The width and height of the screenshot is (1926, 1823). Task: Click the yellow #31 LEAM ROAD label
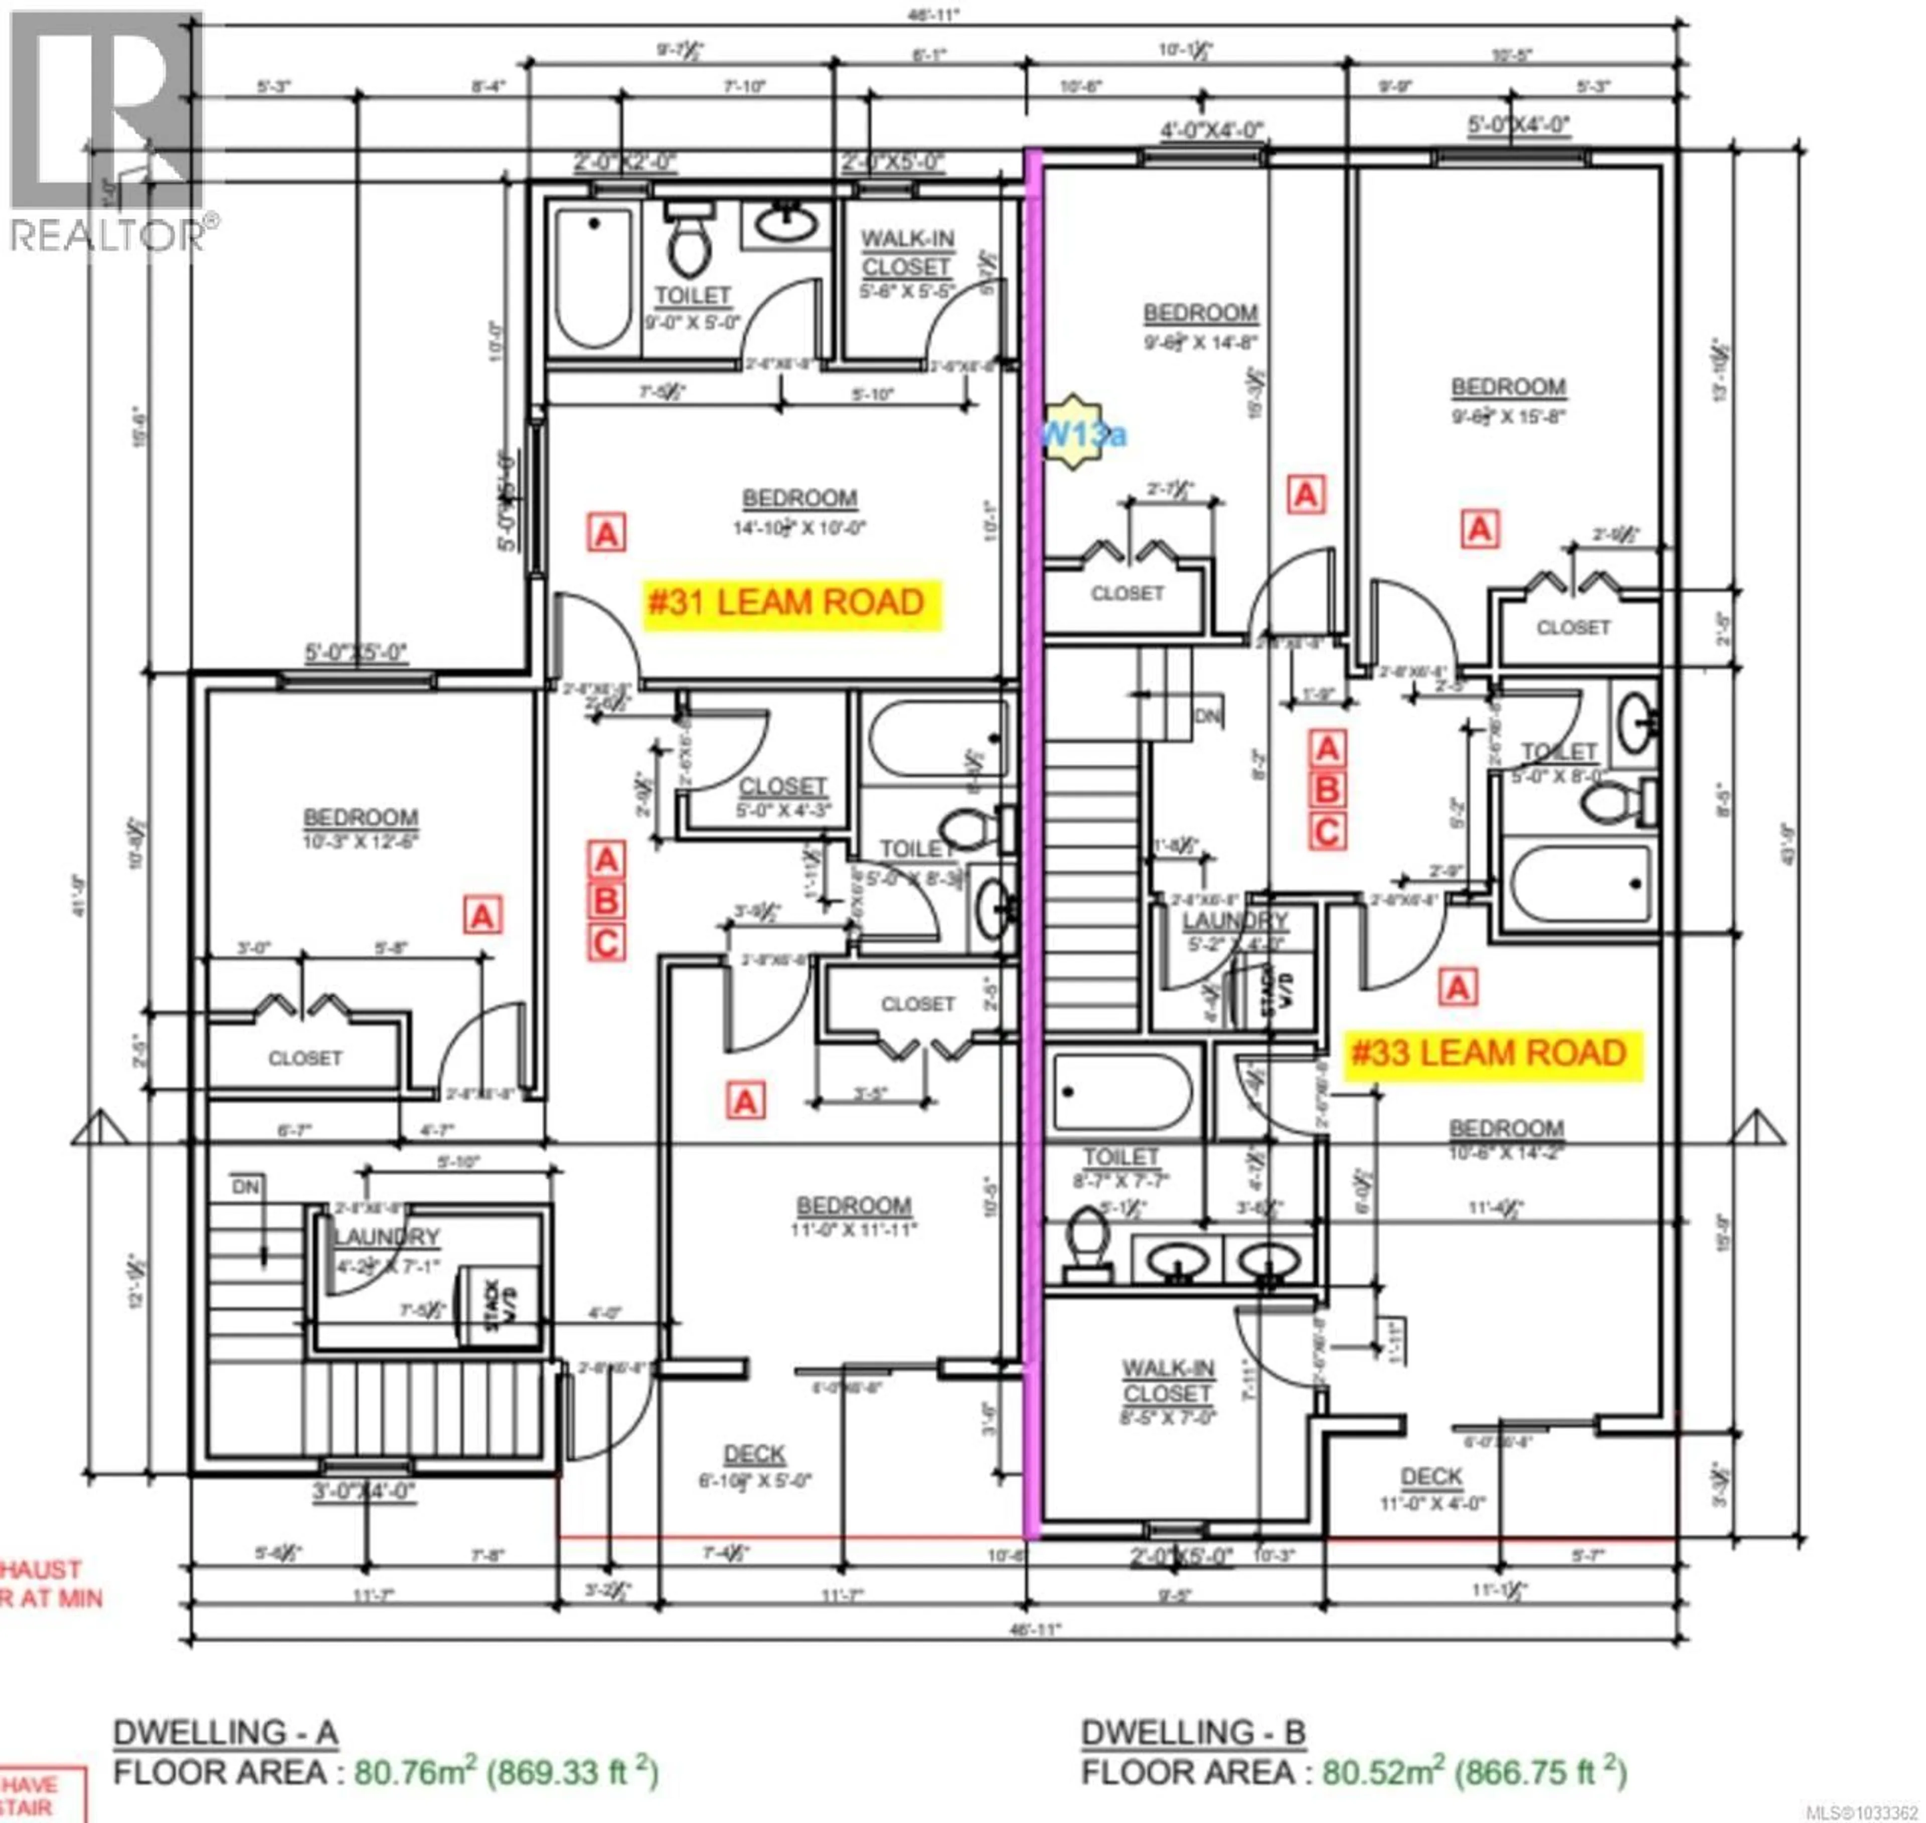click(785, 603)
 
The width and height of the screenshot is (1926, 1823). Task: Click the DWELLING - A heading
click(225, 1733)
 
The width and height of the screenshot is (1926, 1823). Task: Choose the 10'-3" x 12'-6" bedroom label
click(361, 829)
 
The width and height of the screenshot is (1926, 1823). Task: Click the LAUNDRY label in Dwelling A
click(387, 1237)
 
